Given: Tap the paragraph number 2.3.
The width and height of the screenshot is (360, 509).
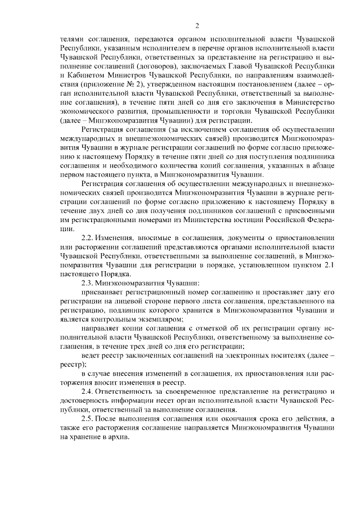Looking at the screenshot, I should tap(89, 282).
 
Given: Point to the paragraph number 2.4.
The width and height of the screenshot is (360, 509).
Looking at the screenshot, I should tap(89, 391).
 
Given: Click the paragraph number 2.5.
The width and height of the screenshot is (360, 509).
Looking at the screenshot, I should tap(89, 418).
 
